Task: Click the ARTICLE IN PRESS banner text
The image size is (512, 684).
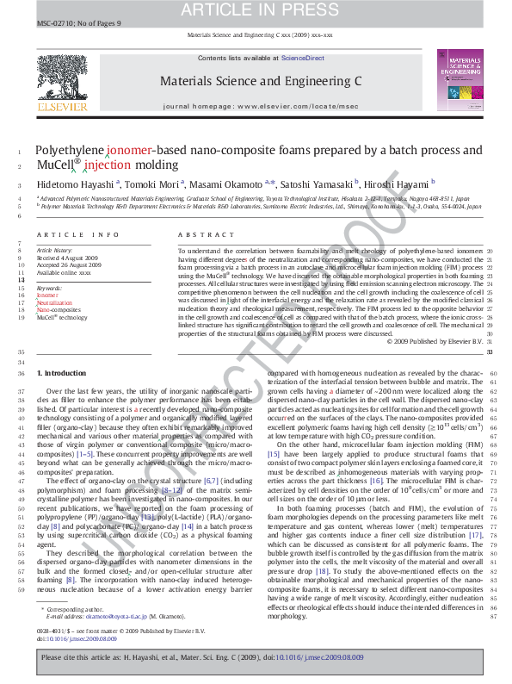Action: (x=256, y=10)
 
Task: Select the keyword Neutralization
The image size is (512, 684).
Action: (x=54, y=302)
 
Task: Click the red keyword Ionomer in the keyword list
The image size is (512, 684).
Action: (x=48, y=295)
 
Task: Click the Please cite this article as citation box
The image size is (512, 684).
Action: (x=256, y=656)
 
